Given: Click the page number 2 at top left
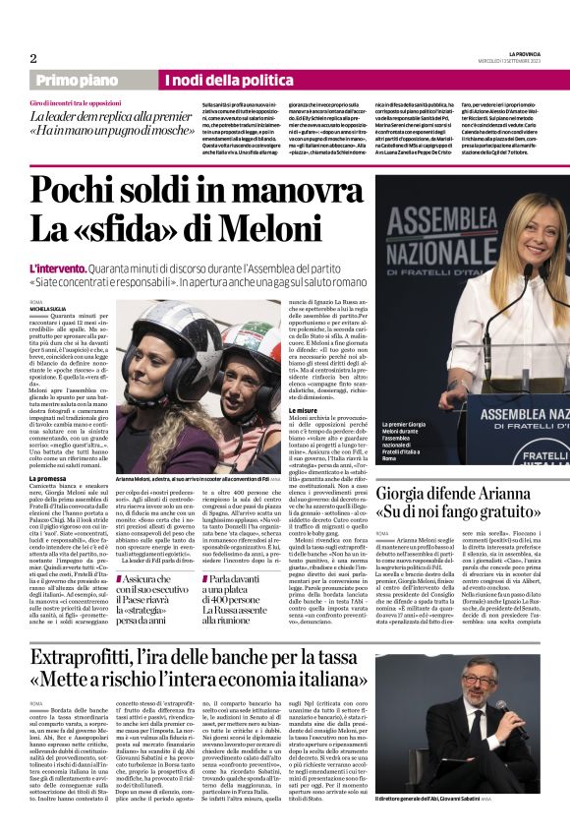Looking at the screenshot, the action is click(x=33, y=58).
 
